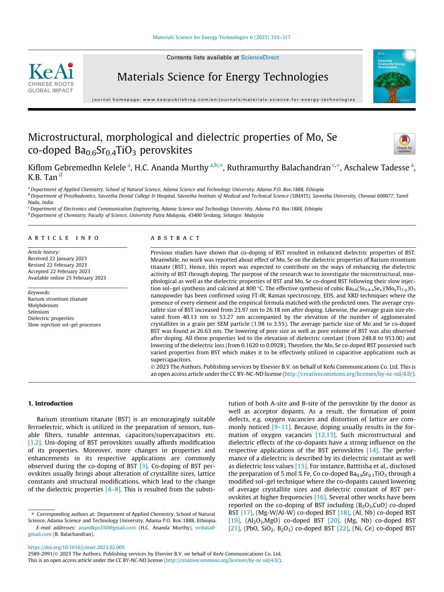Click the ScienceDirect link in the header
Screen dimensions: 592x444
click(x=260, y=57)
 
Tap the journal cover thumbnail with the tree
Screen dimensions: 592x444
click(x=394, y=76)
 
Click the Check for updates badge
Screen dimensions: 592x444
click(x=404, y=143)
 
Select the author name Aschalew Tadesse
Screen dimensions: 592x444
click(x=376, y=168)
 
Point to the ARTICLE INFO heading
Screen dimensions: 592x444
click(x=63, y=238)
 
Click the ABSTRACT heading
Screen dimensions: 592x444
click(x=175, y=238)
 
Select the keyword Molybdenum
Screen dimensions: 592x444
click(x=43, y=305)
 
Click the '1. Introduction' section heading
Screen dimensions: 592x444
click(x=50, y=403)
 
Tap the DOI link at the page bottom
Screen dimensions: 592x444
click(x=76, y=547)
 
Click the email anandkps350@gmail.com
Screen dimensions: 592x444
click(x=107, y=528)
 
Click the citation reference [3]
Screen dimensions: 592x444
click(x=143, y=466)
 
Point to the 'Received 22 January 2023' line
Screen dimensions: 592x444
click(x=57, y=258)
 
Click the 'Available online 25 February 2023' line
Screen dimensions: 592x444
click(x=67, y=278)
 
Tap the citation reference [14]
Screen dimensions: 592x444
click(x=372, y=450)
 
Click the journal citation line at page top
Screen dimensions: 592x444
click(x=222, y=37)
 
